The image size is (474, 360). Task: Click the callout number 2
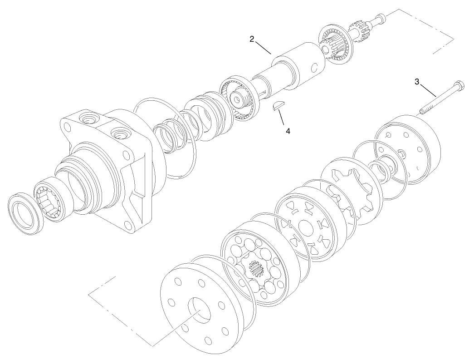[252, 39]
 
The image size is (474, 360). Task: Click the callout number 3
[417, 82]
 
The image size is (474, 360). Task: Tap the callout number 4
[288, 131]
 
